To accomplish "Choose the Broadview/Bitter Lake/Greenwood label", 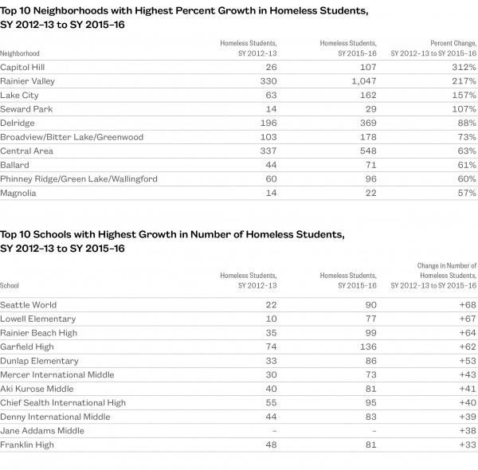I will tap(72, 137).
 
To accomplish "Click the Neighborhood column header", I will tap(21, 53).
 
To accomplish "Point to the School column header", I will tap(10, 285).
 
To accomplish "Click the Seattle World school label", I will tap(28, 305).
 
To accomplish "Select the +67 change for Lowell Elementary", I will tap(467, 319).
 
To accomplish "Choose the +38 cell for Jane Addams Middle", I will tap(467, 431).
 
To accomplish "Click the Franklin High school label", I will tap(27, 445).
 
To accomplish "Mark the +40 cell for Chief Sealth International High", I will tap(467, 403).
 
